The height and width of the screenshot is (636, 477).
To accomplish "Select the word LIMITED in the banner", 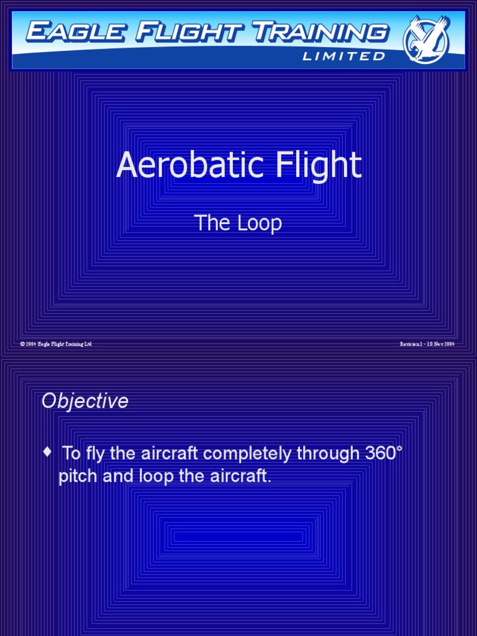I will tap(343, 57).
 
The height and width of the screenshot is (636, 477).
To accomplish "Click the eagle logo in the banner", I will tap(426, 39).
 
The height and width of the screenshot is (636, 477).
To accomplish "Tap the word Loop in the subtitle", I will tap(259, 223).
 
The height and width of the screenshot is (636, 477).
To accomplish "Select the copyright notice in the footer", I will tap(56, 344).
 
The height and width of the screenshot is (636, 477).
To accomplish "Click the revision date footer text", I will tap(427, 344).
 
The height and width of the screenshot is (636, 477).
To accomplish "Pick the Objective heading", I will tap(85, 401).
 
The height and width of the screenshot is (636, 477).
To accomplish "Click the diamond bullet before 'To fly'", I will tap(48, 453).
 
